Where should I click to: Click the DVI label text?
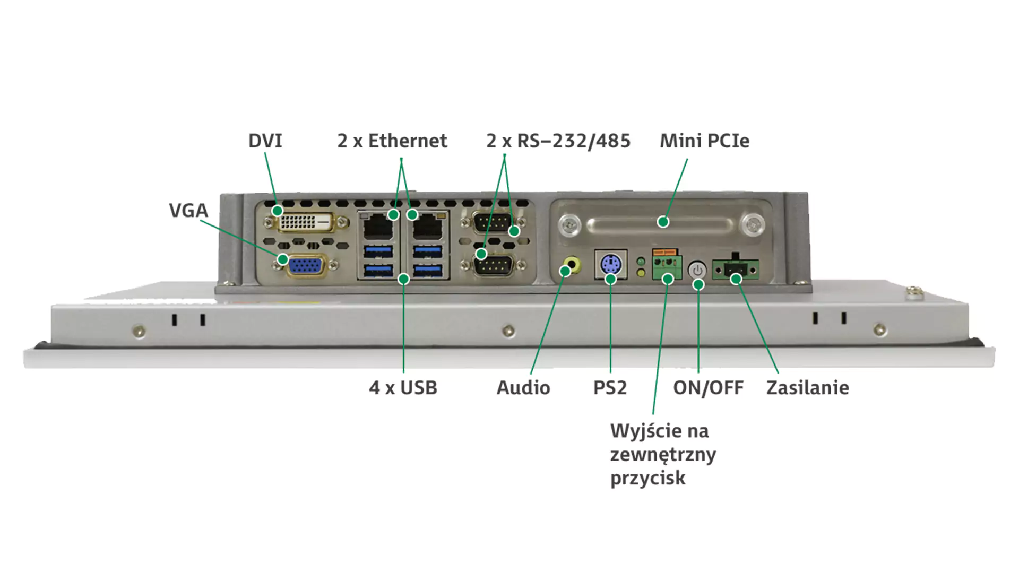point(265,141)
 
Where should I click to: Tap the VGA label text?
point(188,211)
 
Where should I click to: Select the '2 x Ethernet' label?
point(392,141)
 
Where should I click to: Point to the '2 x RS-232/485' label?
point(558,141)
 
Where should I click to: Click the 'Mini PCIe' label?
point(704,141)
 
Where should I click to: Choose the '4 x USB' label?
point(403,388)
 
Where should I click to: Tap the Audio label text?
point(523,388)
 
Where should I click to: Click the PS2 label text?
point(610,388)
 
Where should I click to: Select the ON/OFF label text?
point(708,388)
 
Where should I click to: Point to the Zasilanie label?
point(807,388)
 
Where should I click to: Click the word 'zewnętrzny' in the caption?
point(663,455)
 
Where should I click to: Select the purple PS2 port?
point(611,264)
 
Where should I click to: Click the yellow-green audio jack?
point(572,263)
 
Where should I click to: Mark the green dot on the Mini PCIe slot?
point(663,222)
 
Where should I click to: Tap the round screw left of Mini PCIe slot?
point(569,225)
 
